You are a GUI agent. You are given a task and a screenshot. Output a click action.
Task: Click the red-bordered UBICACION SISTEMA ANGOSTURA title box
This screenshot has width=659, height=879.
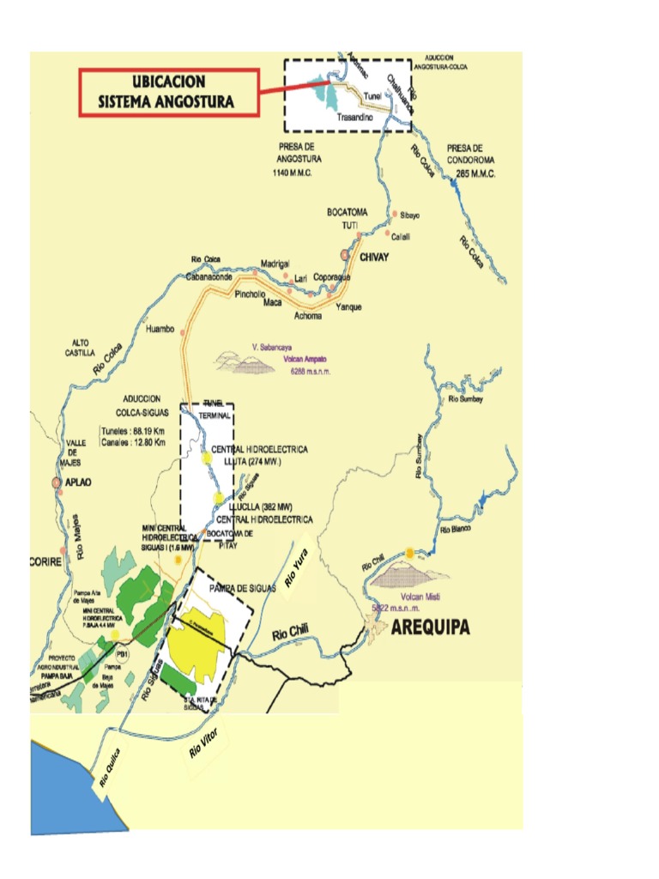pos(168,92)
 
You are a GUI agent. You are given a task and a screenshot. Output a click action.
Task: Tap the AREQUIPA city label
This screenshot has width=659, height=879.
pos(431,627)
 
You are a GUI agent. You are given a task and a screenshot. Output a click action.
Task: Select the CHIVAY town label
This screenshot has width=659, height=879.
pos(374,256)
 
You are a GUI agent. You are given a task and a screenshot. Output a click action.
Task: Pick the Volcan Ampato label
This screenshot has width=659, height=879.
pos(305,360)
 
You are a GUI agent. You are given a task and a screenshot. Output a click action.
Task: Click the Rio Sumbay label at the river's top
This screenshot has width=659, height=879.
pos(466,400)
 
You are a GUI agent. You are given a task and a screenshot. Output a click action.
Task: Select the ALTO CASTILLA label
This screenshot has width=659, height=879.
pos(86,347)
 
